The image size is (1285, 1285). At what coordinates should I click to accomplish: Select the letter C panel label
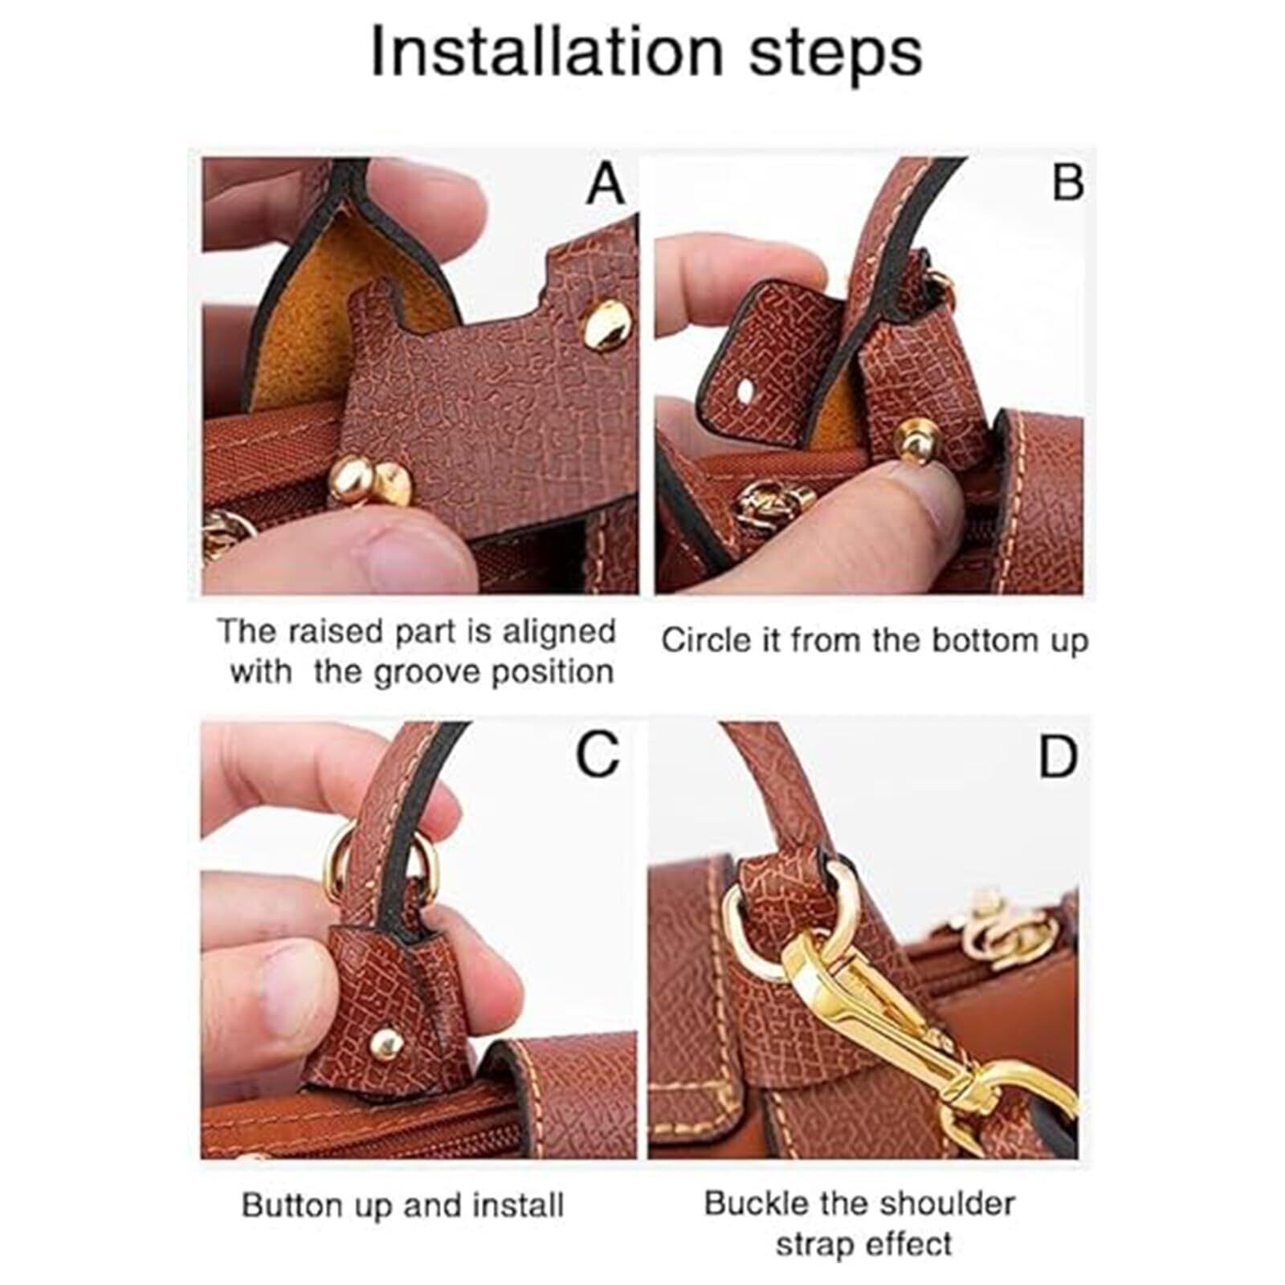[x=598, y=755]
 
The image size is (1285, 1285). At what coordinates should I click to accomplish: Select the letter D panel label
[x=1058, y=757]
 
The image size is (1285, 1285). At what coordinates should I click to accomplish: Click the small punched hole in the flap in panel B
[x=747, y=391]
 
